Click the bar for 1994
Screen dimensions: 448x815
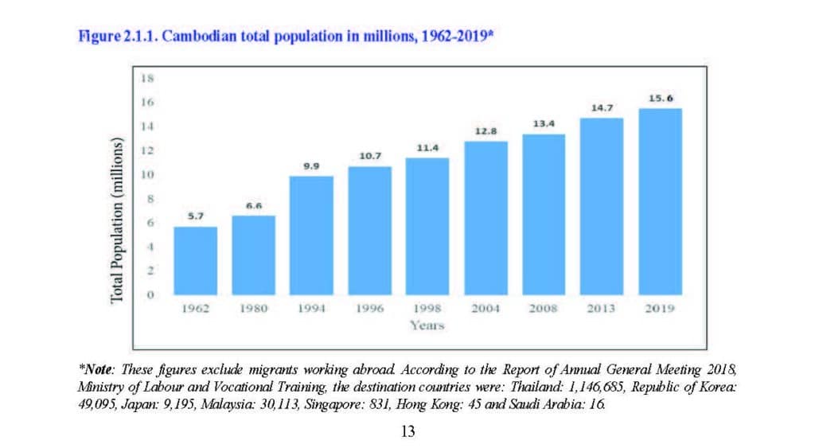(x=311, y=236)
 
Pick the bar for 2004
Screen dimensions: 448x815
(x=485, y=218)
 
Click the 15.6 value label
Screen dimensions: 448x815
(x=661, y=99)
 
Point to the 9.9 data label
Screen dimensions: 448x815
(x=311, y=166)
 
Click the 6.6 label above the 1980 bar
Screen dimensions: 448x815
(x=253, y=206)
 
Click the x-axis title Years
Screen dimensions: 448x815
(x=427, y=325)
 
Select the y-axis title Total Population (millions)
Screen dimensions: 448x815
(x=117, y=220)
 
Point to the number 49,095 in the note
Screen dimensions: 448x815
(x=97, y=404)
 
